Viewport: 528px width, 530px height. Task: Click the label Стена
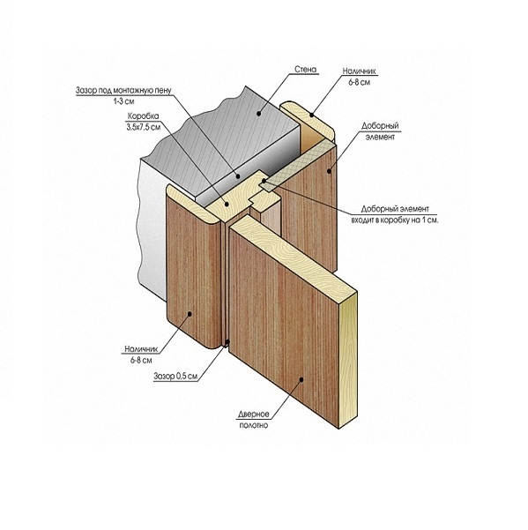(x=306, y=70)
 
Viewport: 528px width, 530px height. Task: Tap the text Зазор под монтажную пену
(x=123, y=91)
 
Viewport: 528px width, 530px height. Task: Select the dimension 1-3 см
(x=123, y=101)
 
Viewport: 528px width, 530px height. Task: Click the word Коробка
(x=143, y=116)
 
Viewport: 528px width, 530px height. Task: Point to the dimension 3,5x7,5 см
(x=143, y=127)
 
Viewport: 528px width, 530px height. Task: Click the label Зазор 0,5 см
(x=175, y=377)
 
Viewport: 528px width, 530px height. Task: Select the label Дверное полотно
(x=254, y=420)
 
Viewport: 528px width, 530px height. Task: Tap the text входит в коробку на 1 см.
(x=395, y=220)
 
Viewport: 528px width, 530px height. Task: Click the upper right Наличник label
(x=359, y=71)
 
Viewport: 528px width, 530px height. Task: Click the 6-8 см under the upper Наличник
(x=359, y=82)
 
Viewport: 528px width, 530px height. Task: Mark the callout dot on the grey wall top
(x=259, y=114)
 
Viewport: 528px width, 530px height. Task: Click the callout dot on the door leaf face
(x=301, y=379)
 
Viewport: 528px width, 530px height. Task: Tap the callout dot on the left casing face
(x=190, y=314)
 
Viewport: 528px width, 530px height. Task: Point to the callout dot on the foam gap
(x=238, y=176)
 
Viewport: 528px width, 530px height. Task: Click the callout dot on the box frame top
(x=227, y=204)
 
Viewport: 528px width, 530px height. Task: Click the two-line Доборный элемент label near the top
(x=380, y=131)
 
